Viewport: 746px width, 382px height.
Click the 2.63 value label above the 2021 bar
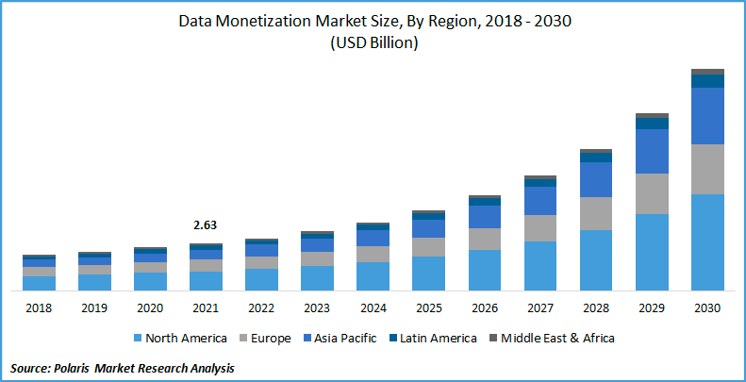click(x=206, y=225)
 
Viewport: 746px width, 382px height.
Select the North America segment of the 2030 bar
click(x=707, y=241)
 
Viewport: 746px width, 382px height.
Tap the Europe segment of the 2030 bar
click(x=707, y=169)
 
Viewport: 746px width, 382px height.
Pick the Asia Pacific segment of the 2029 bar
click(x=652, y=151)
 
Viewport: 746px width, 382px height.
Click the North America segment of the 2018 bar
click(x=39, y=283)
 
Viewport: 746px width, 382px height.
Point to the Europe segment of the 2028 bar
click(x=596, y=213)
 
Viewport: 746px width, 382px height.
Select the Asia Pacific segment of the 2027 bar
click(x=540, y=200)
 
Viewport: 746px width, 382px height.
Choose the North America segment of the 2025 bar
click(x=429, y=273)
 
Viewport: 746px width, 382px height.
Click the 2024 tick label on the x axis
click(x=373, y=307)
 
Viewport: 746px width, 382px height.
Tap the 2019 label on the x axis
click(x=94, y=307)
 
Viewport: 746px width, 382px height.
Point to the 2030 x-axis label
click(x=707, y=307)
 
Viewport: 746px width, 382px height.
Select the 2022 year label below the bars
click(x=261, y=307)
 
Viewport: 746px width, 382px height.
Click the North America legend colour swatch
click(x=140, y=338)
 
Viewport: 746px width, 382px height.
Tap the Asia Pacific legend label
click(x=346, y=338)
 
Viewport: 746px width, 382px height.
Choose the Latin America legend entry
click(x=438, y=338)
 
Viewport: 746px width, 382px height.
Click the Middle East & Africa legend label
click(x=557, y=338)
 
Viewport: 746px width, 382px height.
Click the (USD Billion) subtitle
click(x=373, y=43)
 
